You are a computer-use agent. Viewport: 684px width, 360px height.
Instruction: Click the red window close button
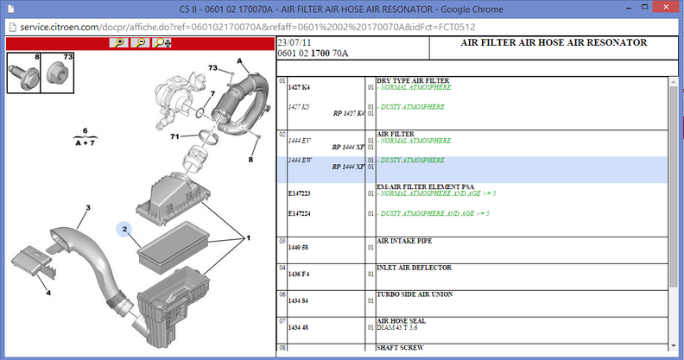click(666, 7)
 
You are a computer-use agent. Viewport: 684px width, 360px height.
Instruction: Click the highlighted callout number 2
click(124, 229)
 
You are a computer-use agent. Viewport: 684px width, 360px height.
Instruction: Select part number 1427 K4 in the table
click(299, 87)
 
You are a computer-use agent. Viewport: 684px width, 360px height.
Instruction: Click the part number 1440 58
click(298, 248)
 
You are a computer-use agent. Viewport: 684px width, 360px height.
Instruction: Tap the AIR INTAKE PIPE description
click(404, 241)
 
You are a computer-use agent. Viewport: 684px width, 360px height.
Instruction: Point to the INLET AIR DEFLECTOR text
click(414, 268)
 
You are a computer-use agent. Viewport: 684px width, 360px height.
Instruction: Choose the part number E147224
click(299, 213)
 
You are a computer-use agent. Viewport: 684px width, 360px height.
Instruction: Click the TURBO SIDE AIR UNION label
click(415, 294)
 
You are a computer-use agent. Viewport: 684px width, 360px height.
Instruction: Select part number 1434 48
click(298, 327)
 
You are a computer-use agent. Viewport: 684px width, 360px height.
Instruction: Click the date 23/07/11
click(294, 42)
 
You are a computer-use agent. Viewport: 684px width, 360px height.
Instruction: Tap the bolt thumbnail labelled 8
click(23, 73)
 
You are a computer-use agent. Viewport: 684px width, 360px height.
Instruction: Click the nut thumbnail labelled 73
click(57, 73)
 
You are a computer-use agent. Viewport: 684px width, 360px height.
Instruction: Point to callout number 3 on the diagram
click(88, 207)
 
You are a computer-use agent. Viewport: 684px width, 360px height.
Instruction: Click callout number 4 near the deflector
click(48, 293)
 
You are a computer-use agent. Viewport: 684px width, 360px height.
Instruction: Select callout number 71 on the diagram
click(174, 136)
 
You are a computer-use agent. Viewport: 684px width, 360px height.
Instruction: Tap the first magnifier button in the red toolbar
click(118, 42)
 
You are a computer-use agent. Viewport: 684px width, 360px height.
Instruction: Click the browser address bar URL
click(247, 27)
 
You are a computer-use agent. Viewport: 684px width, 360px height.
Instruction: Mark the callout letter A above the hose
click(239, 61)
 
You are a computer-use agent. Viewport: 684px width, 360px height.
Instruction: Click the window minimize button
click(629, 8)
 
